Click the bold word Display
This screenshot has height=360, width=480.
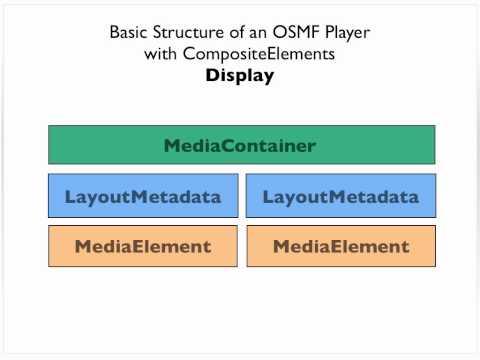coord(240,75)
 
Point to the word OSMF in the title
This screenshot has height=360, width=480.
coord(296,33)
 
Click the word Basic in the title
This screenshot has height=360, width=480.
coord(129,33)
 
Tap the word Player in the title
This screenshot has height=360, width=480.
coord(345,33)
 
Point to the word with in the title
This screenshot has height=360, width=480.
coord(162,54)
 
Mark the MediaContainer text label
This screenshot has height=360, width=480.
coord(240,146)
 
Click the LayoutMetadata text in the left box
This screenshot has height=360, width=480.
coord(143,197)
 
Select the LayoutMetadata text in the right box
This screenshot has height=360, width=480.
coord(341,197)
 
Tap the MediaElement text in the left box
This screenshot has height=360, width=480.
coord(143,246)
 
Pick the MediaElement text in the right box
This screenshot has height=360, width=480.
coord(341,246)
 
